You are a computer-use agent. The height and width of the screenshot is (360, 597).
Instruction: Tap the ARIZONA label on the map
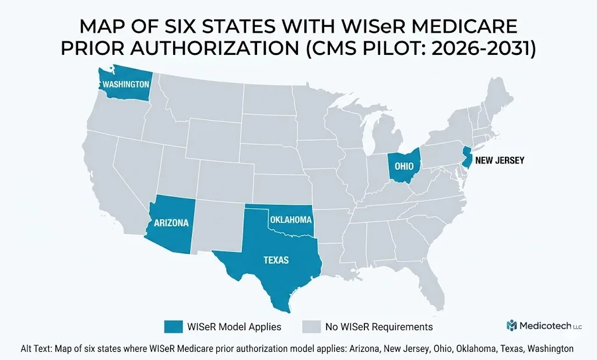(171, 222)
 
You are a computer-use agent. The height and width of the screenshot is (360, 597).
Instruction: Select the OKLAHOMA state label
(290, 220)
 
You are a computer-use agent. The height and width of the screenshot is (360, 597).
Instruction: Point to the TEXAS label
(276, 260)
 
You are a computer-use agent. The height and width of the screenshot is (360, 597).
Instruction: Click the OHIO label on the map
(404, 166)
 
